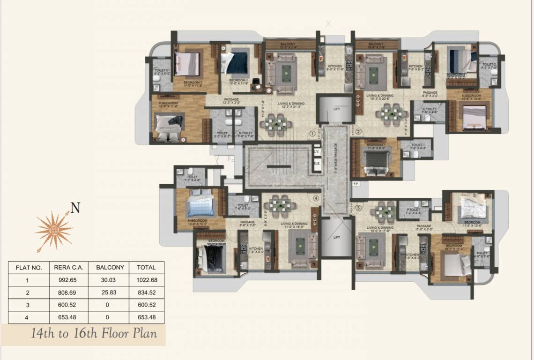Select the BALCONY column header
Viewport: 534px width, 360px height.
click(110, 268)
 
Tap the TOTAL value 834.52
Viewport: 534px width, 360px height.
click(146, 292)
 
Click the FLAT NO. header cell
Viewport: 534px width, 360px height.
click(29, 268)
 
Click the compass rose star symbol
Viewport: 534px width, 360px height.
click(54, 230)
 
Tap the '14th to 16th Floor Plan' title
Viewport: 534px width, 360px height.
click(94, 334)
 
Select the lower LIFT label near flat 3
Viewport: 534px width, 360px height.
click(336, 238)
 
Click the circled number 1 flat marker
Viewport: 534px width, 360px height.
click(312, 133)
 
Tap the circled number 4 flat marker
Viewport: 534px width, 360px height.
click(316, 198)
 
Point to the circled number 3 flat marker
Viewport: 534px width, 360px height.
click(358, 207)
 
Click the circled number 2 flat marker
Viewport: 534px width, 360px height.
click(358, 132)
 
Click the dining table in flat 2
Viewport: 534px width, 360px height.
click(391, 113)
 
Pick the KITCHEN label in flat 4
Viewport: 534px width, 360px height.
click(255, 249)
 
